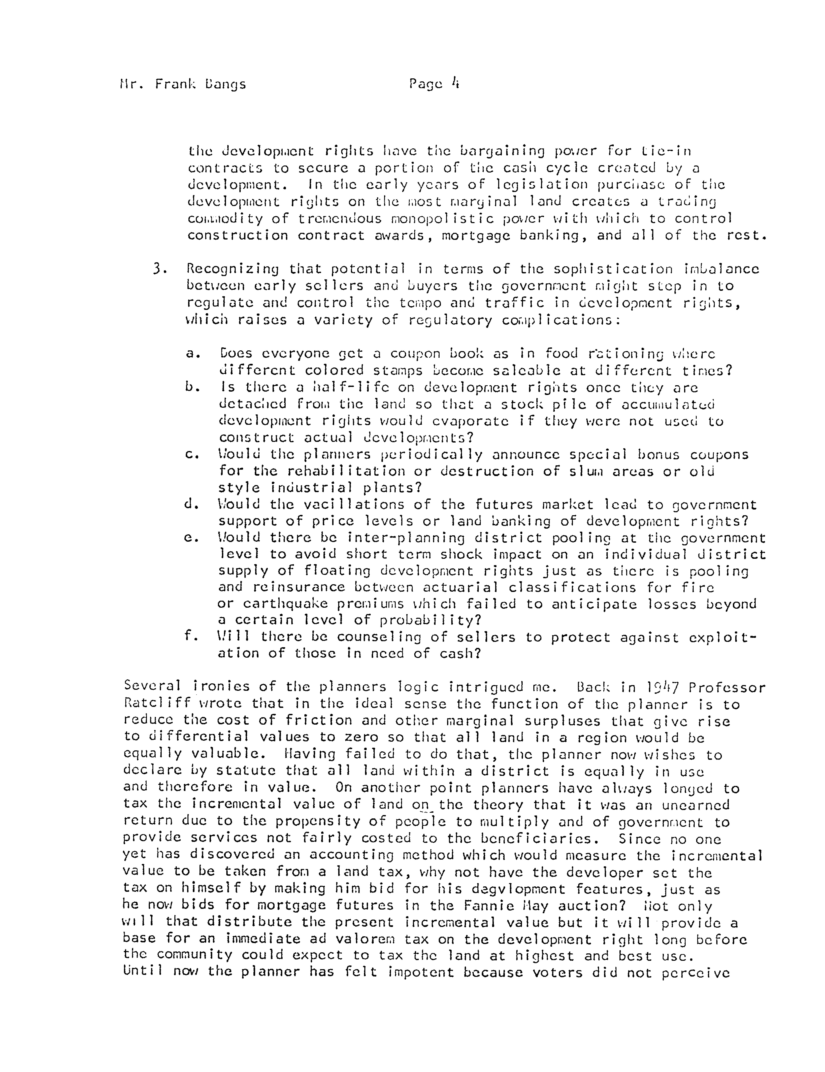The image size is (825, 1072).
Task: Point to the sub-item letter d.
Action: [191, 504]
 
